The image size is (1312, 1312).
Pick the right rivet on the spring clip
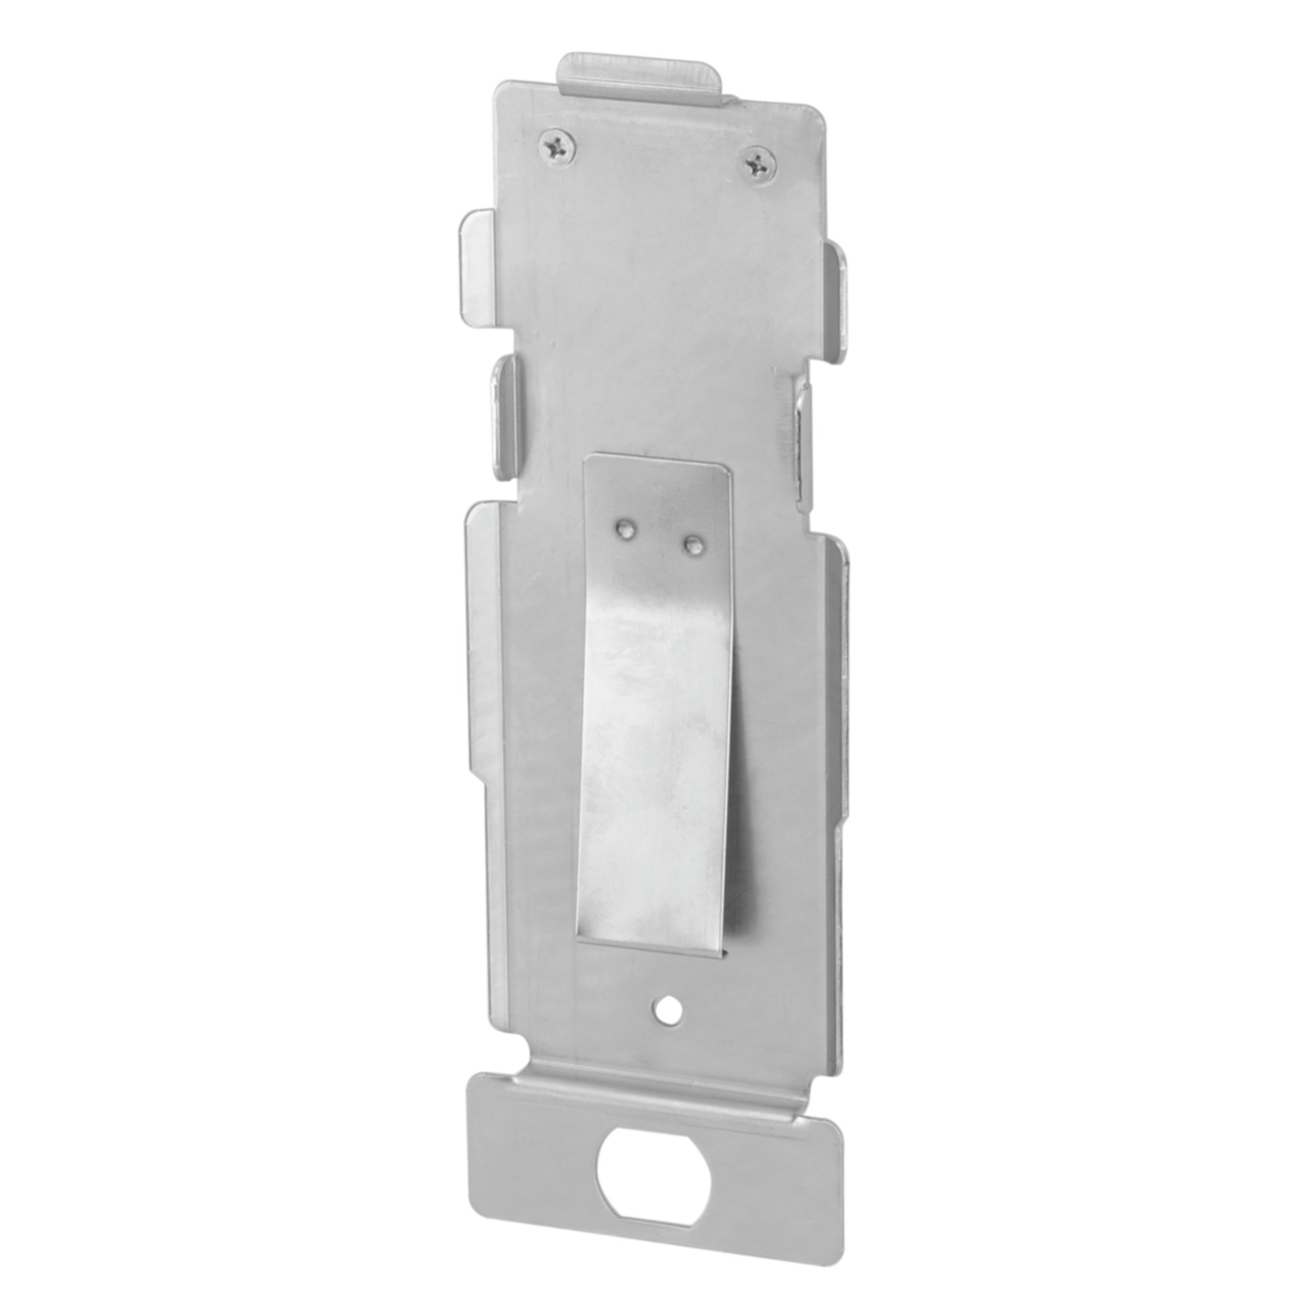[693, 543]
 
